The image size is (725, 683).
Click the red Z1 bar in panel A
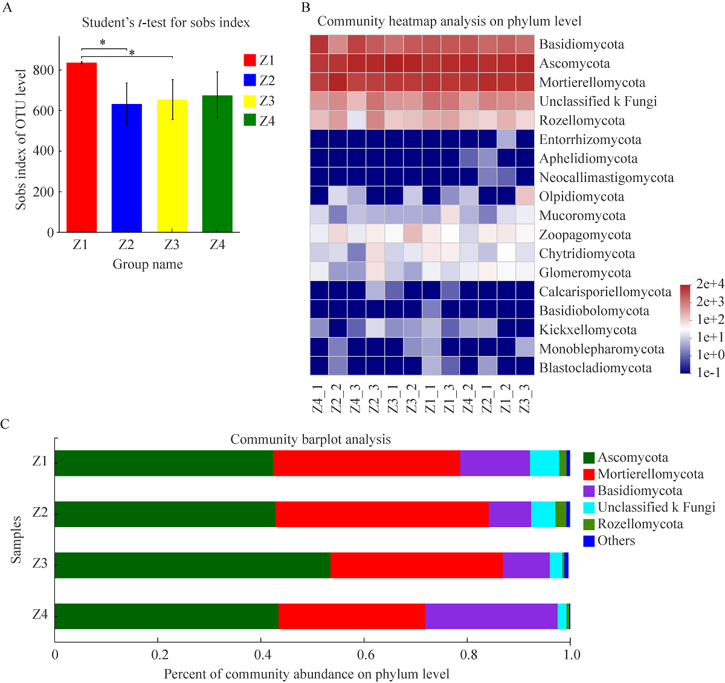[x=81, y=147]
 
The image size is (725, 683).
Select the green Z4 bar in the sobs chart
[x=217, y=164]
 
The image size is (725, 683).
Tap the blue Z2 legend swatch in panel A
[x=250, y=80]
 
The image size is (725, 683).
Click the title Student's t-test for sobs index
[x=166, y=23]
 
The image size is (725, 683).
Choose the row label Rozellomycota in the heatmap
[x=582, y=120]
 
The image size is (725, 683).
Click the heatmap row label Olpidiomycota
[x=581, y=196]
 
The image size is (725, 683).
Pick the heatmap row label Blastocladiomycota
[x=595, y=367]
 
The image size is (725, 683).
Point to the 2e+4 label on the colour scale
[x=710, y=284]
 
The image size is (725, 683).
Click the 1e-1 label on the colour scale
[x=709, y=372]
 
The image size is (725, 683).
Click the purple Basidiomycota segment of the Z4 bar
[x=491, y=616]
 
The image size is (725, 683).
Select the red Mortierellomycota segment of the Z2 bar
[x=382, y=514]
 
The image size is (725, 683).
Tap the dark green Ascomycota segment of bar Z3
[x=193, y=565]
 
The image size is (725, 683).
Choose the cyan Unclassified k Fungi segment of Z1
[x=544, y=463]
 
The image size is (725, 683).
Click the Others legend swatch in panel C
[x=589, y=541]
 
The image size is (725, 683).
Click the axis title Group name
[x=147, y=264]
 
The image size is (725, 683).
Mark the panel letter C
[x=5, y=424]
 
